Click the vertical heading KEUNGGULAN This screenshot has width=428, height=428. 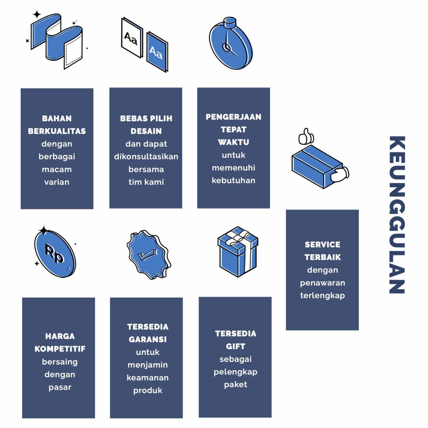(397, 214)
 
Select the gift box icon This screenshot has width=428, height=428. (237, 252)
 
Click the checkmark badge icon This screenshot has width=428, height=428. (148, 255)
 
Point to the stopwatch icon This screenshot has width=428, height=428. (231, 43)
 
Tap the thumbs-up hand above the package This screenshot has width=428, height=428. (306, 136)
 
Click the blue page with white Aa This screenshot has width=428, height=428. (157, 51)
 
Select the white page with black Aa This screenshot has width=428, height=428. (132, 37)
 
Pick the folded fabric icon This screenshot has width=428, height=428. (56, 41)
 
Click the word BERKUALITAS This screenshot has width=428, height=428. (57, 131)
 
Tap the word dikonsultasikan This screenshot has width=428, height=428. (146, 156)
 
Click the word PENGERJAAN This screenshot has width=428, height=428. (233, 117)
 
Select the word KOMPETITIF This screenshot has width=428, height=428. (60, 349)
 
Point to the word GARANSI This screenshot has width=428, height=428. (148, 339)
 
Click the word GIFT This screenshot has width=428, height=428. (235, 346)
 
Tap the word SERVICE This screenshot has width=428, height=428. (322, 244)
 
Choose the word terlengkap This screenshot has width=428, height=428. (322, 296)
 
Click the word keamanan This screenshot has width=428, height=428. (148, 377)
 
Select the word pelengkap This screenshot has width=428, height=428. (235, 372)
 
